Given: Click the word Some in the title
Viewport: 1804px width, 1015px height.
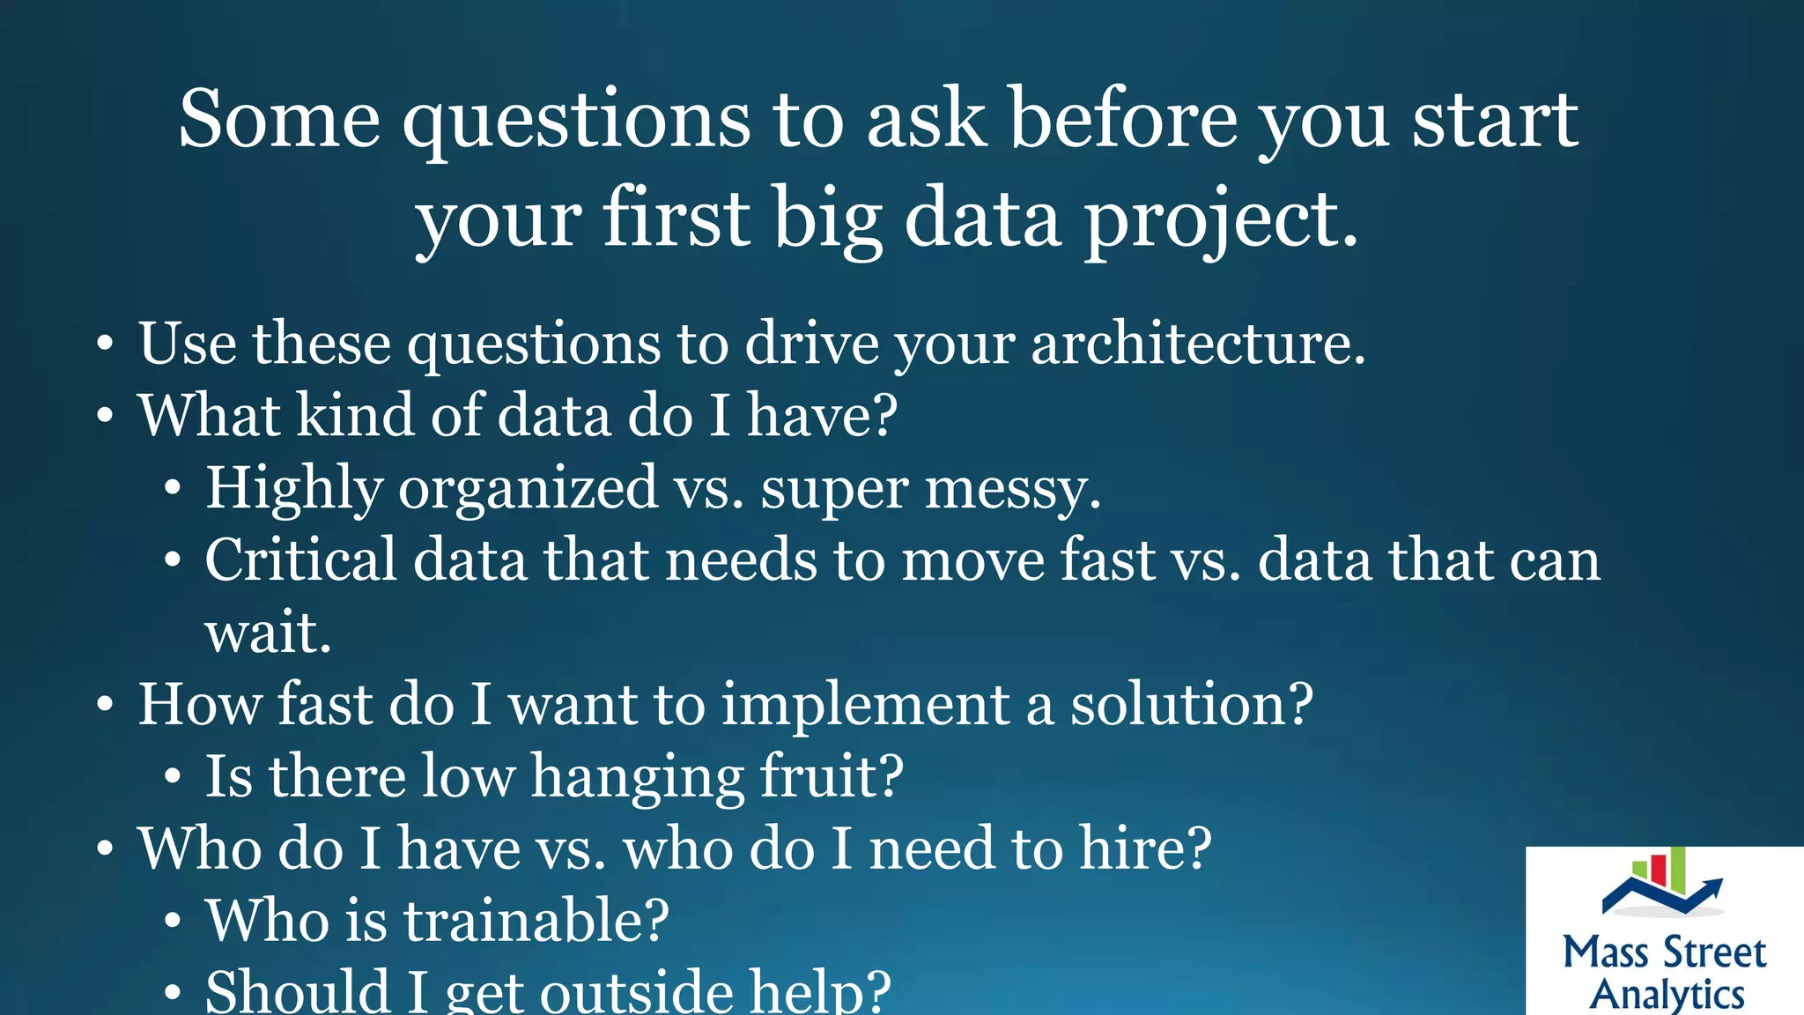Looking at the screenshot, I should point(279,120).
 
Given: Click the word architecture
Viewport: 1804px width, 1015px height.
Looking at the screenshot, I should point(1197,344).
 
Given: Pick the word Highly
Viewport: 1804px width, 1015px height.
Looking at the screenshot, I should point(294,489).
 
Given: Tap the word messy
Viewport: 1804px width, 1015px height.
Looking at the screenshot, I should point(1012,489).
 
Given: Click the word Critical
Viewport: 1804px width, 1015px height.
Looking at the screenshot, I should point(300,559).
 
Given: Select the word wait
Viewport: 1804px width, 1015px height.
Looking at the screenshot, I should point(268,633).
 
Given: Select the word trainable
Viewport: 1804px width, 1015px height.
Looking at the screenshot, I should point(536,921).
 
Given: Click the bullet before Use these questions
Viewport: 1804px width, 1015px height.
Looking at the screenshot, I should point(105,345).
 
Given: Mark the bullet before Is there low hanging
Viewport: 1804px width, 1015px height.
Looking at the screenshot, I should point(173,778).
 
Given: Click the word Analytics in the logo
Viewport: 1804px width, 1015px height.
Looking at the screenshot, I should point(1667,994).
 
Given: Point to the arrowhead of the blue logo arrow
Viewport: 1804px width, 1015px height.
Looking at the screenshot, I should point(1714,885).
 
